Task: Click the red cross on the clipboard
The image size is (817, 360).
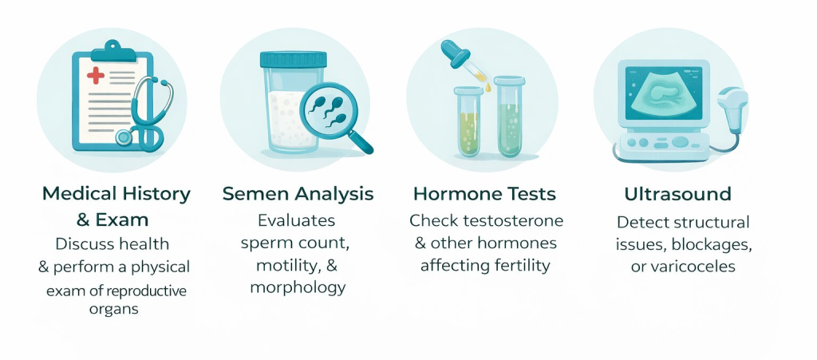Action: click(x=95, y=77)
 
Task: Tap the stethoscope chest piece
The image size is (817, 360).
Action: click(x=124, y=137)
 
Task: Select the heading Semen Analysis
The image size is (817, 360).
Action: click(x=297, y=193)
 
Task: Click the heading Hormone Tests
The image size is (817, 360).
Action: click(x=485, y=193)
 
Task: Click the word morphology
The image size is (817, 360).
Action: click(x=298, y=287)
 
